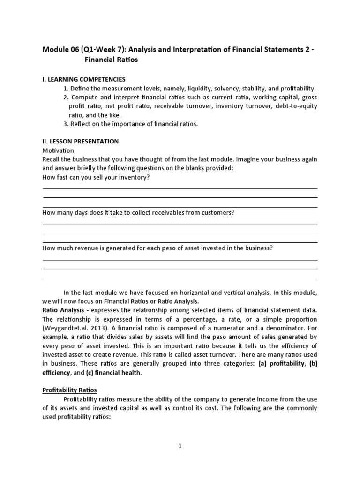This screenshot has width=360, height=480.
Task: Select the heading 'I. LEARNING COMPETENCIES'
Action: click(x=84, y=79)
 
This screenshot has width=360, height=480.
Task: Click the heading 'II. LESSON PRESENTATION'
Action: click(x=80, y=141)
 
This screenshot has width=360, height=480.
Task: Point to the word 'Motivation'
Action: click(x=58, y=150)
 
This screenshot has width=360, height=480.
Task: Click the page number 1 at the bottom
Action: click(x=180, y=446)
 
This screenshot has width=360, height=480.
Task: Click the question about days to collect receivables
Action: click(x=138, y=212)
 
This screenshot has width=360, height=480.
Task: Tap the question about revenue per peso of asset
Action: click(x=157, y=248)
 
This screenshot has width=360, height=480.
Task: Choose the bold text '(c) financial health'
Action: click(x=113, y=372)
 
